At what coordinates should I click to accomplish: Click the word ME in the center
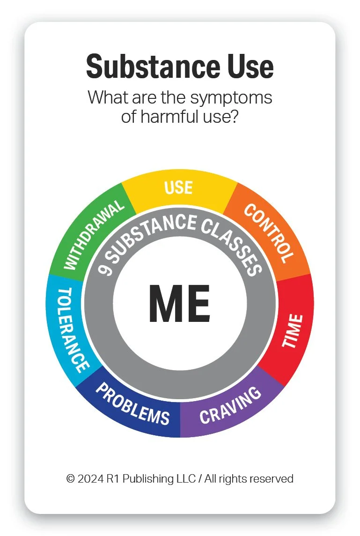(x=179, y=304)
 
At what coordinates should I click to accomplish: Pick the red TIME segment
(x=292, y=331)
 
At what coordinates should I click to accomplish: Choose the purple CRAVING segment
(x=230, y=405)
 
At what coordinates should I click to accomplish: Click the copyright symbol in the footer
(x=71, y=479)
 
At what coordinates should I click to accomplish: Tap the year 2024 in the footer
(x=91, y=479)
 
